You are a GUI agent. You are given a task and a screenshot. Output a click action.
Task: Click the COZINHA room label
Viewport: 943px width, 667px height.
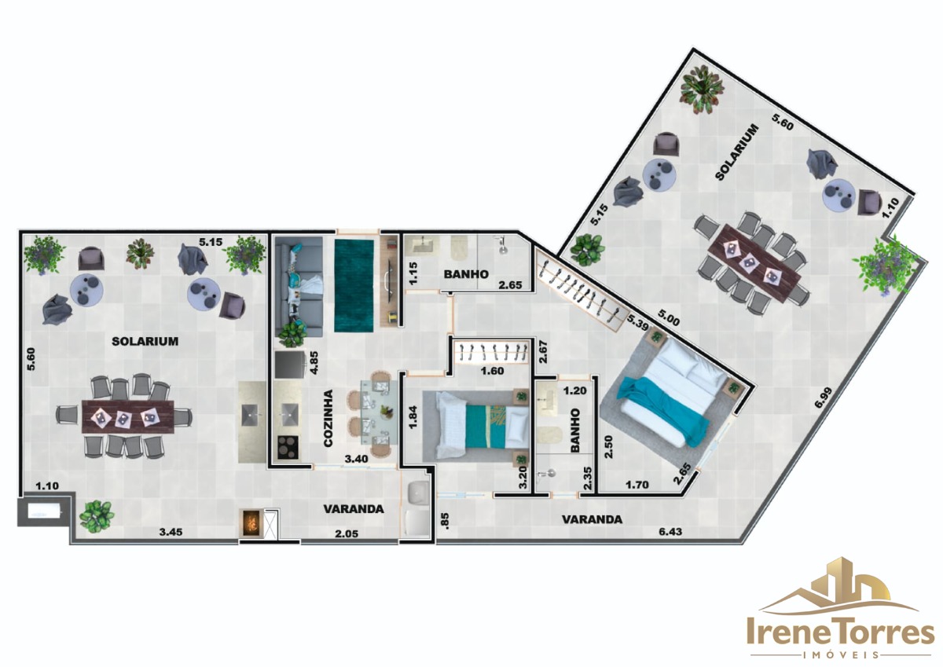coord(328,418)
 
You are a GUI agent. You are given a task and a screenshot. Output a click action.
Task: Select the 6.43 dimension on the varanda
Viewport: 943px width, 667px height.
coord(670,532)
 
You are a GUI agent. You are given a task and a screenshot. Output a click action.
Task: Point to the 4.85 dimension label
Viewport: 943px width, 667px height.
coord(314,362)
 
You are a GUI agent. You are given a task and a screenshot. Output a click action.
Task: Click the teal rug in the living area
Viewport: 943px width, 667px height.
coord(354,286)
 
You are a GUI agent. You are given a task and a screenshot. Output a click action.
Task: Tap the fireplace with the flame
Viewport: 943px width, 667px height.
coord(251,523)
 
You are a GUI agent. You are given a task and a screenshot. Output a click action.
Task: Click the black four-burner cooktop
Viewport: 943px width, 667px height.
coord(288,447)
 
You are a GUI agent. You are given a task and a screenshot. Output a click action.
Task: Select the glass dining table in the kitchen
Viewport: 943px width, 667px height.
coord(380,412)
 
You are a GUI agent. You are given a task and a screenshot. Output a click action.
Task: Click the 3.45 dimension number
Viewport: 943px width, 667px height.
coord(171,532)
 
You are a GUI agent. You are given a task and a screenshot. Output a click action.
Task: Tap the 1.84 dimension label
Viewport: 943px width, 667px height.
coord(413,417)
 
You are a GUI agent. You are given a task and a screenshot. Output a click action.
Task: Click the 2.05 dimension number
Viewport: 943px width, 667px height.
coord(347,533)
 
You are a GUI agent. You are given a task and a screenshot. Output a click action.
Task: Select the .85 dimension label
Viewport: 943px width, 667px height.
coord(446,520)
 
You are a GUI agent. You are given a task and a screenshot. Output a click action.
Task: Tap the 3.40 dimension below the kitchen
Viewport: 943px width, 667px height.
coord(356,459)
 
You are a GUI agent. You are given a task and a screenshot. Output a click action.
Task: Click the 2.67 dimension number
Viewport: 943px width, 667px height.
coord(543,351)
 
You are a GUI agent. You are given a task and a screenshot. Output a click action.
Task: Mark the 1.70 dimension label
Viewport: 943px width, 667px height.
coord(637,485)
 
